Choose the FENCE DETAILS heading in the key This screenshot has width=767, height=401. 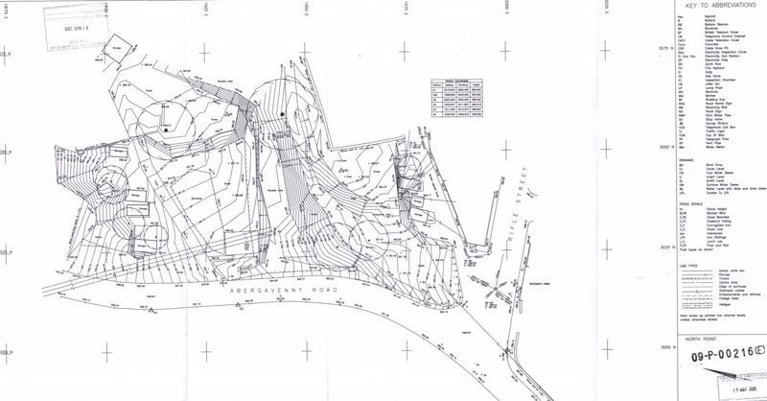pos(687,203)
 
